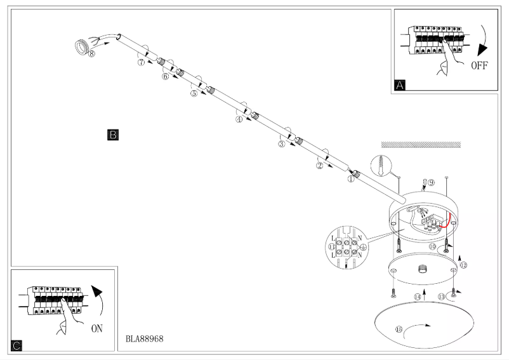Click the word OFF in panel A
479,66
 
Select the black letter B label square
113,135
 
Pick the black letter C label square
17,346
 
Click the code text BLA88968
145,339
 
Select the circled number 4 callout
239,119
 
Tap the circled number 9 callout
431,183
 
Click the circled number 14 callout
418,297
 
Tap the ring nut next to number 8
81,46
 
